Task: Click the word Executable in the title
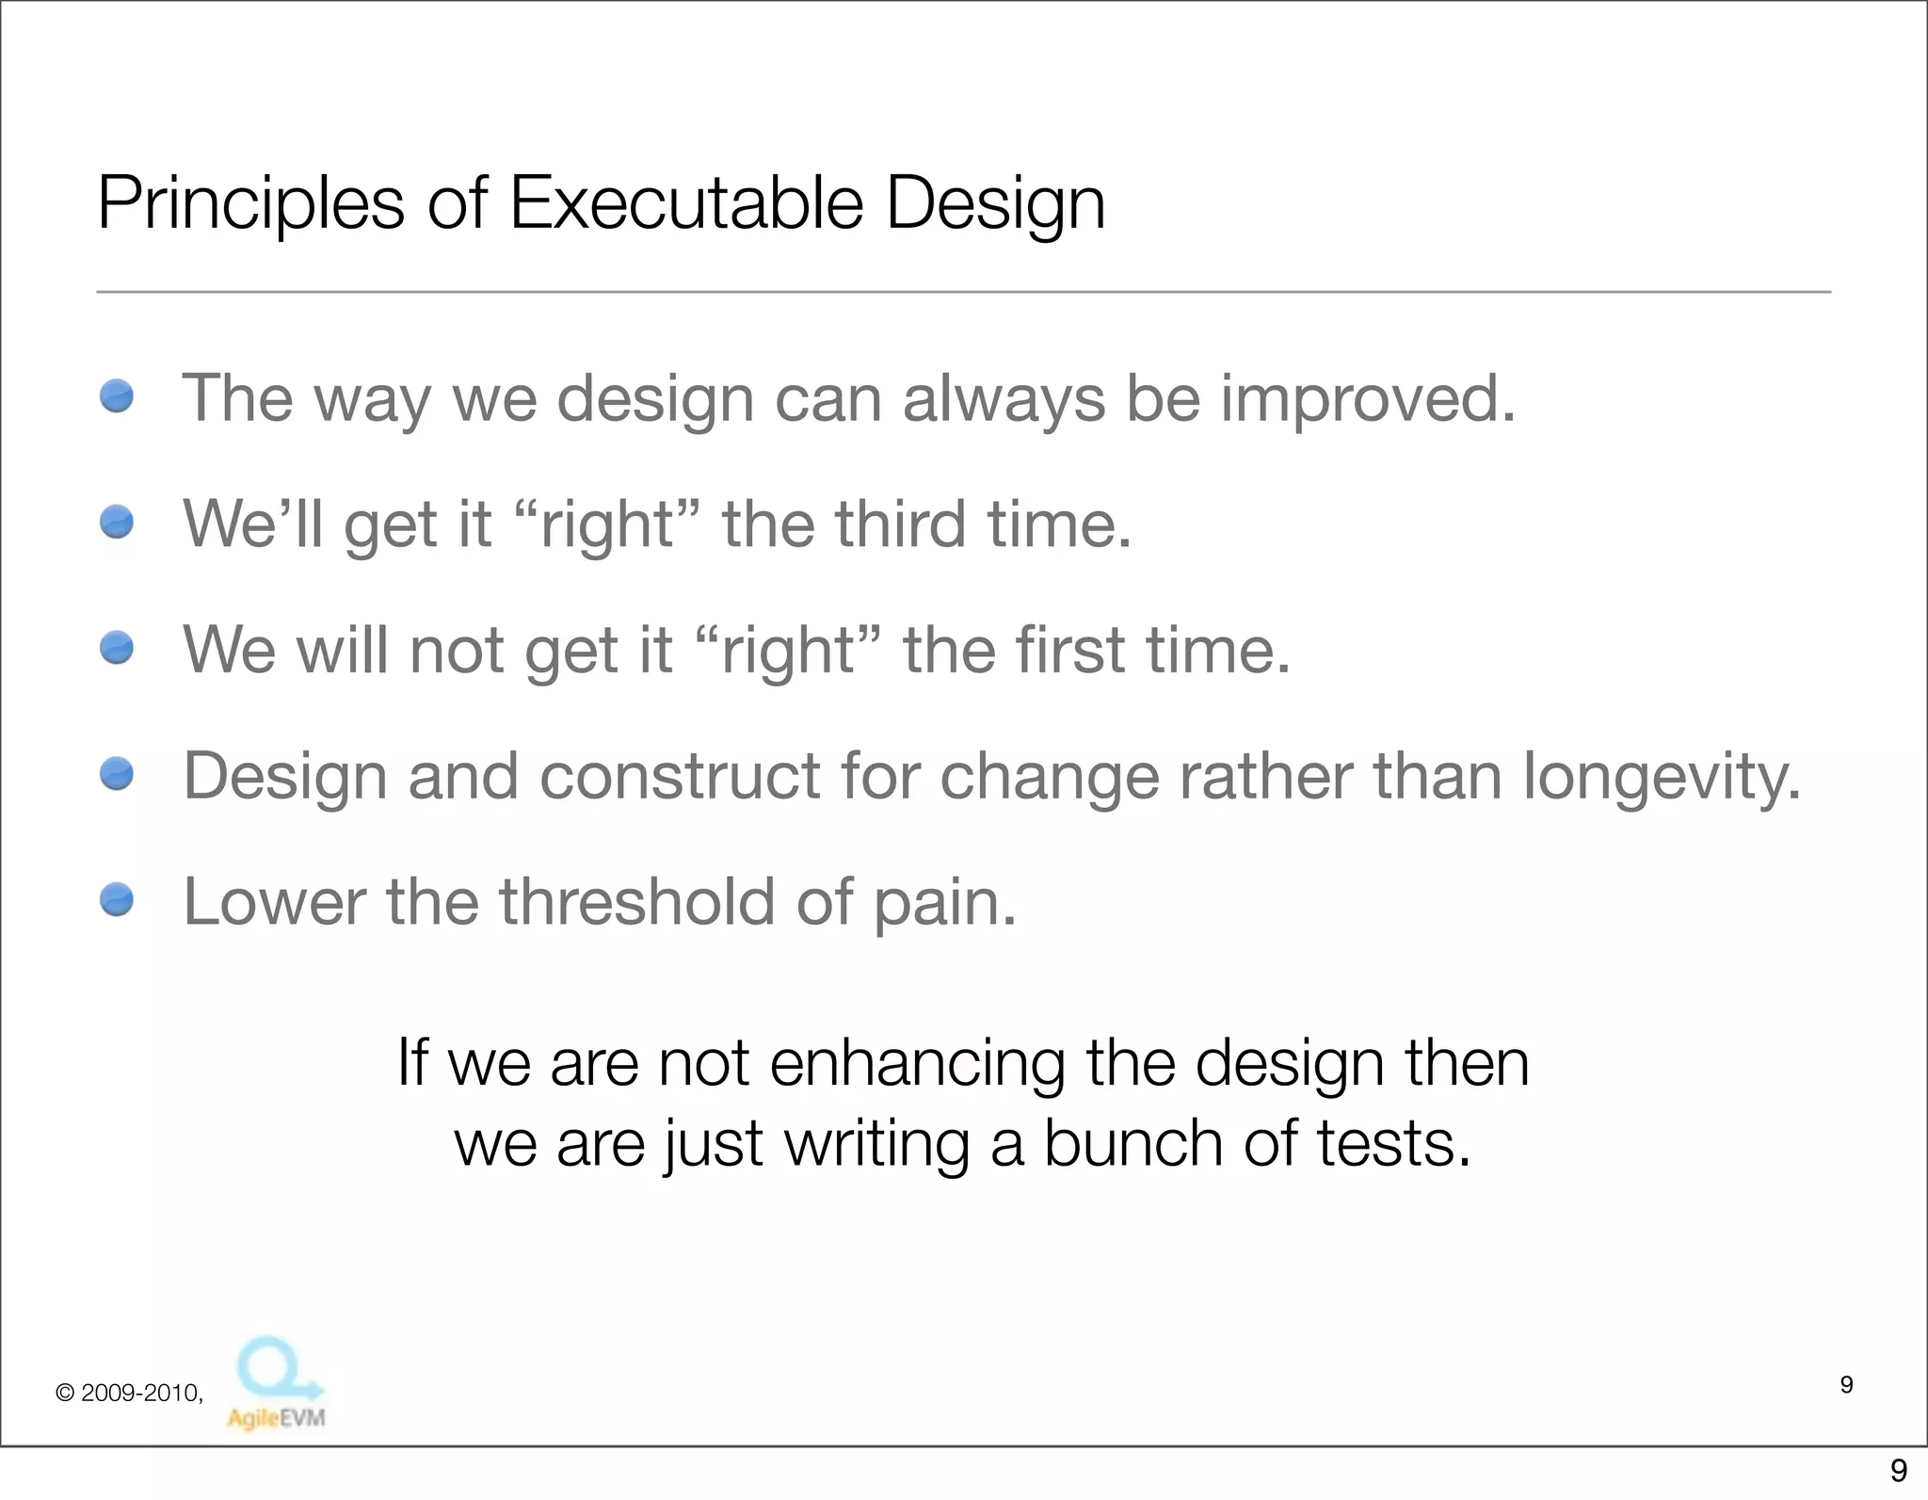(x=685, y=202)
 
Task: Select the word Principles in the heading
(x=250, y=204)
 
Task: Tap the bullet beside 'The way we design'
(x=117, y=395)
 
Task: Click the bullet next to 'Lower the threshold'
(x=117, y=899)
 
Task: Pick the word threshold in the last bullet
(x=636, y=901)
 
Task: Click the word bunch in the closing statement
(x=1133, y=1143)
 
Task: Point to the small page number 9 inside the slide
(x=1846, y=1384)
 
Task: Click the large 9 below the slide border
(x=1898, y=1470)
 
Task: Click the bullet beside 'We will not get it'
(x=117, y=648)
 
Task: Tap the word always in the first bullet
(x=1004, y=399)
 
